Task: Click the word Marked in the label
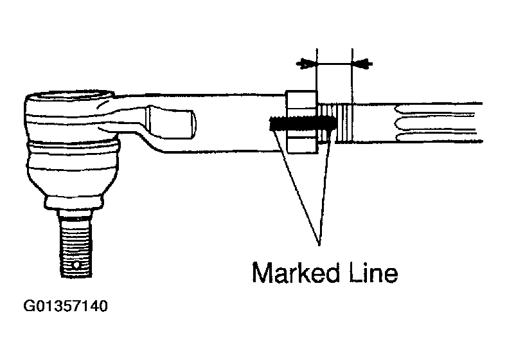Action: pos(296,273)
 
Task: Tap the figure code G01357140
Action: pos(66,306)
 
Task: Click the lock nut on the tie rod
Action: pos(301,122)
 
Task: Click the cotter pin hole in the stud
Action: pos(76,265)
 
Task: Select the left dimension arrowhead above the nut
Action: pos(306,64)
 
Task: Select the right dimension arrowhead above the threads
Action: pos(362,64)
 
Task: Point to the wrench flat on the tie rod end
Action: pos(171,122)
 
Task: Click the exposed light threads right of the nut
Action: pos(335,122)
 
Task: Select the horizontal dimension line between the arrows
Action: pos(334,64)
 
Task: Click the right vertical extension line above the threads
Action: pos(352,76)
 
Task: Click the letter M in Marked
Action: pos(262,273)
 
